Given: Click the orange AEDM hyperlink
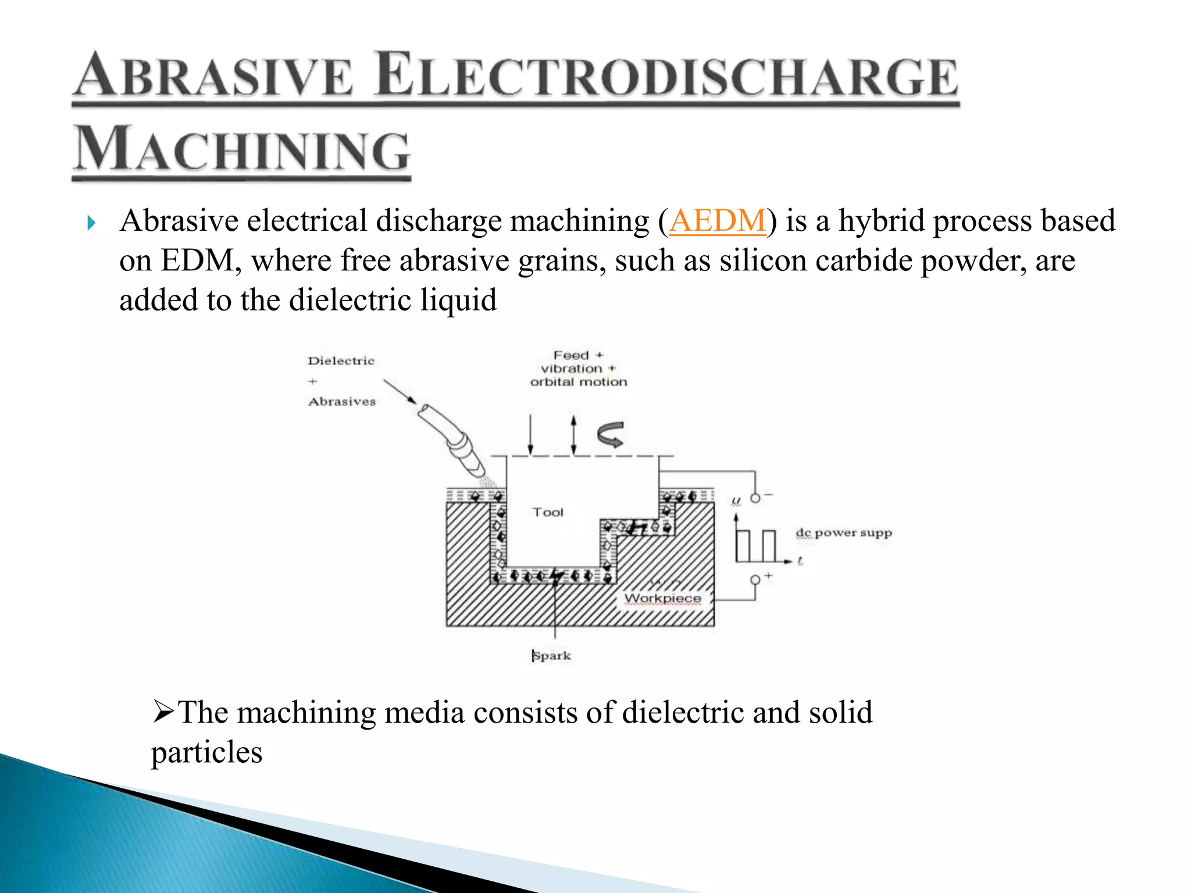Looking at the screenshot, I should pos(717,222).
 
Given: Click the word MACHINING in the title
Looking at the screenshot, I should pos(243,150).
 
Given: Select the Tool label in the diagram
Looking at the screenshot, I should pos(548,512).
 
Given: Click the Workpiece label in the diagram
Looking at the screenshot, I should pos(662,598).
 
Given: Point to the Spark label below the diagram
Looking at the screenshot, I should pos(551,656).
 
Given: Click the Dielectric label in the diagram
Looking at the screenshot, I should pos(341,361).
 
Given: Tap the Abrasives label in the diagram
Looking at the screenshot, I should pos(342,402).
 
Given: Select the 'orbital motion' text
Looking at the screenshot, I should pos(579,382).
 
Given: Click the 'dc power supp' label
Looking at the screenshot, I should pos(843,533).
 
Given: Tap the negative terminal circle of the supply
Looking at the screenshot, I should pos(755,498).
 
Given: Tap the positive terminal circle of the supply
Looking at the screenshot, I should pos(755,580).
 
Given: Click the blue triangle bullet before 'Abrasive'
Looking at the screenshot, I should pos(91,223).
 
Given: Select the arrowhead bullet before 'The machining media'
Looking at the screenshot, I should pos(163,712).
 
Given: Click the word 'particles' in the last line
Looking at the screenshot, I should pos(206,753).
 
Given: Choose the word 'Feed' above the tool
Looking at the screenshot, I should pos(571,355).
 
